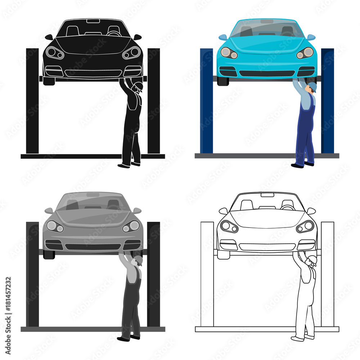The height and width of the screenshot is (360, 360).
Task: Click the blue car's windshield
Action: [x=267, y=29]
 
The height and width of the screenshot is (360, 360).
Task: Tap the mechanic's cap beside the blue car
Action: [x=312, y=87]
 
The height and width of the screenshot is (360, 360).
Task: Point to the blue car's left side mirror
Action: [x=223, y=37]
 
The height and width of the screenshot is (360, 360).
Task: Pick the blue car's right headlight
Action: [x=305, y=53]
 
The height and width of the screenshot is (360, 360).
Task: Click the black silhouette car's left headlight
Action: [x=55, y=53]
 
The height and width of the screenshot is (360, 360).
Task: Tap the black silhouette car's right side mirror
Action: [x=137, y=37]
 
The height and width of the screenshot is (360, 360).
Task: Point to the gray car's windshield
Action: [x=93, y=202]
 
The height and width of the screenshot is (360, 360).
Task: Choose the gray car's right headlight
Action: [x=131, y=226]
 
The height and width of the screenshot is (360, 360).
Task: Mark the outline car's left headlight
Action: [x=229, y=226]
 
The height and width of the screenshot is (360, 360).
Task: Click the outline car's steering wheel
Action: [x=288, y=207]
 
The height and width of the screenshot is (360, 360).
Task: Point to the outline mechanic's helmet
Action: [x=312, y=260]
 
